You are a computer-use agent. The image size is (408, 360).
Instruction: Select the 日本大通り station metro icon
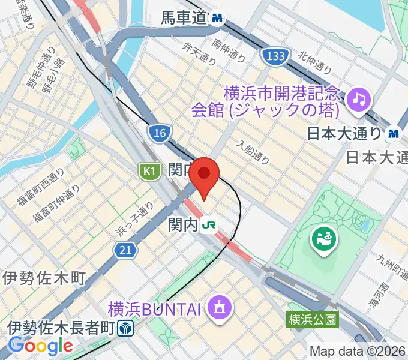[x=394, y=133]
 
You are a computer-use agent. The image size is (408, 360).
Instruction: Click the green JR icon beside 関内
[x=209, y=225]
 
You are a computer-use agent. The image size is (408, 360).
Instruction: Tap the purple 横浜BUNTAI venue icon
[x=216, y=309]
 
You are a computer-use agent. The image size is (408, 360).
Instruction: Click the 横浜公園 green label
[x=312, y=319]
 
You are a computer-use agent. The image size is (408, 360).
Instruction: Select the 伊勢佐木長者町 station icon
[x=126, y=328]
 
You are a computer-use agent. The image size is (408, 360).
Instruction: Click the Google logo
[x=41, y=346]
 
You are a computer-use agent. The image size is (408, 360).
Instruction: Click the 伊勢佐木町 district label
[x=44, y=278]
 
